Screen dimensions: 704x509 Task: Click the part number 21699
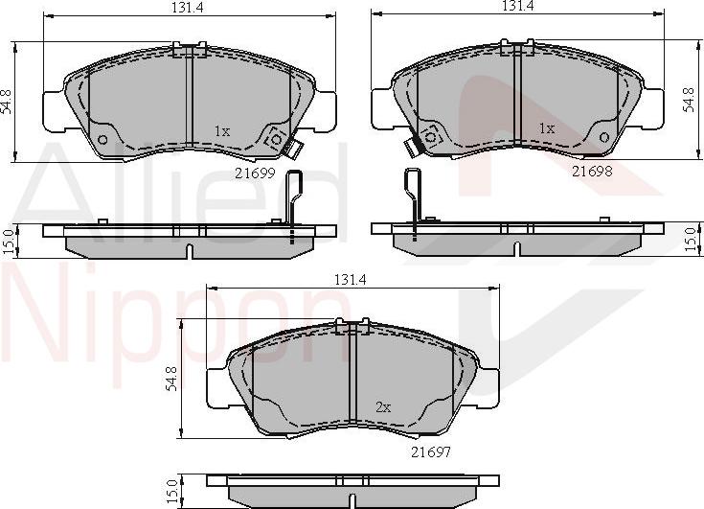pyautogui.click(x=255, y=174)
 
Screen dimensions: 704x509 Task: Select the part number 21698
pyautogui.click(x=592, y=171)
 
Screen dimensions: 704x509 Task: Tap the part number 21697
pyautogui.click(x=431, y=451)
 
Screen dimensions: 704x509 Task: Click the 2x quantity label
pyautogui.click(x=383, y=407)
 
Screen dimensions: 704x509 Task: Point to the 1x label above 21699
pyautogui.click(x=222, y=131)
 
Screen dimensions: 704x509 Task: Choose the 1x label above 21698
pyautogui.click(x=546, y=129)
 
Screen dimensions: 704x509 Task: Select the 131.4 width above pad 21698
pyautogui.click(x=517, y=6)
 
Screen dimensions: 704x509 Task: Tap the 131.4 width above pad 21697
pyautogui.click(x=351, y=280)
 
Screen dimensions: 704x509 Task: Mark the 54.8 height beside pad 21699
pyautogui.click(x=7, y=102)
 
